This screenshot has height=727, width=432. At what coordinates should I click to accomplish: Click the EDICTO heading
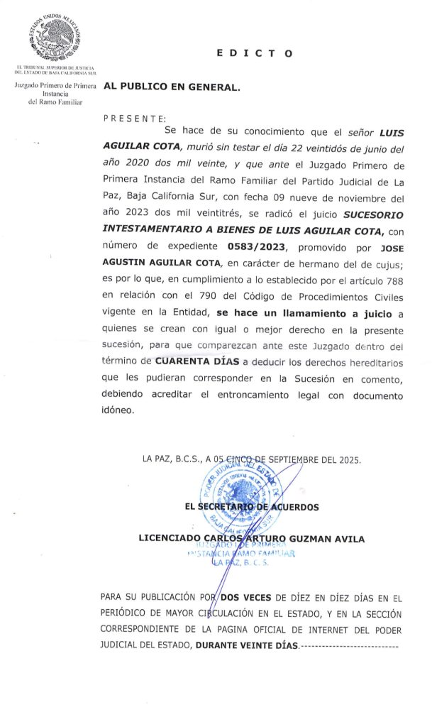pyautogui.click(x=253, y=53)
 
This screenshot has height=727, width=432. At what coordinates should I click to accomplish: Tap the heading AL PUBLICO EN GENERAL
pyautogui.click(x=172, y=87)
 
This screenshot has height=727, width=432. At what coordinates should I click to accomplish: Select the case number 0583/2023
pyautogui.click(x=256, y=246)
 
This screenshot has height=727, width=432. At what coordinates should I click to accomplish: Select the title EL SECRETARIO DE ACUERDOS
pyautogui.click(x=251, y=507)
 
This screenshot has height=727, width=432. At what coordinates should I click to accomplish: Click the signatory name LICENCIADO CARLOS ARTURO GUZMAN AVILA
pyautogui.click(x=251, y=539)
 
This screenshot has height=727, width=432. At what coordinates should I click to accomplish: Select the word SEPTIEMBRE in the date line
pyautogui.click(x=289, y=459)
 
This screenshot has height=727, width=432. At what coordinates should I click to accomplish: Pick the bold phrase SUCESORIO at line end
pyautogui.click(x=373, y=214)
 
